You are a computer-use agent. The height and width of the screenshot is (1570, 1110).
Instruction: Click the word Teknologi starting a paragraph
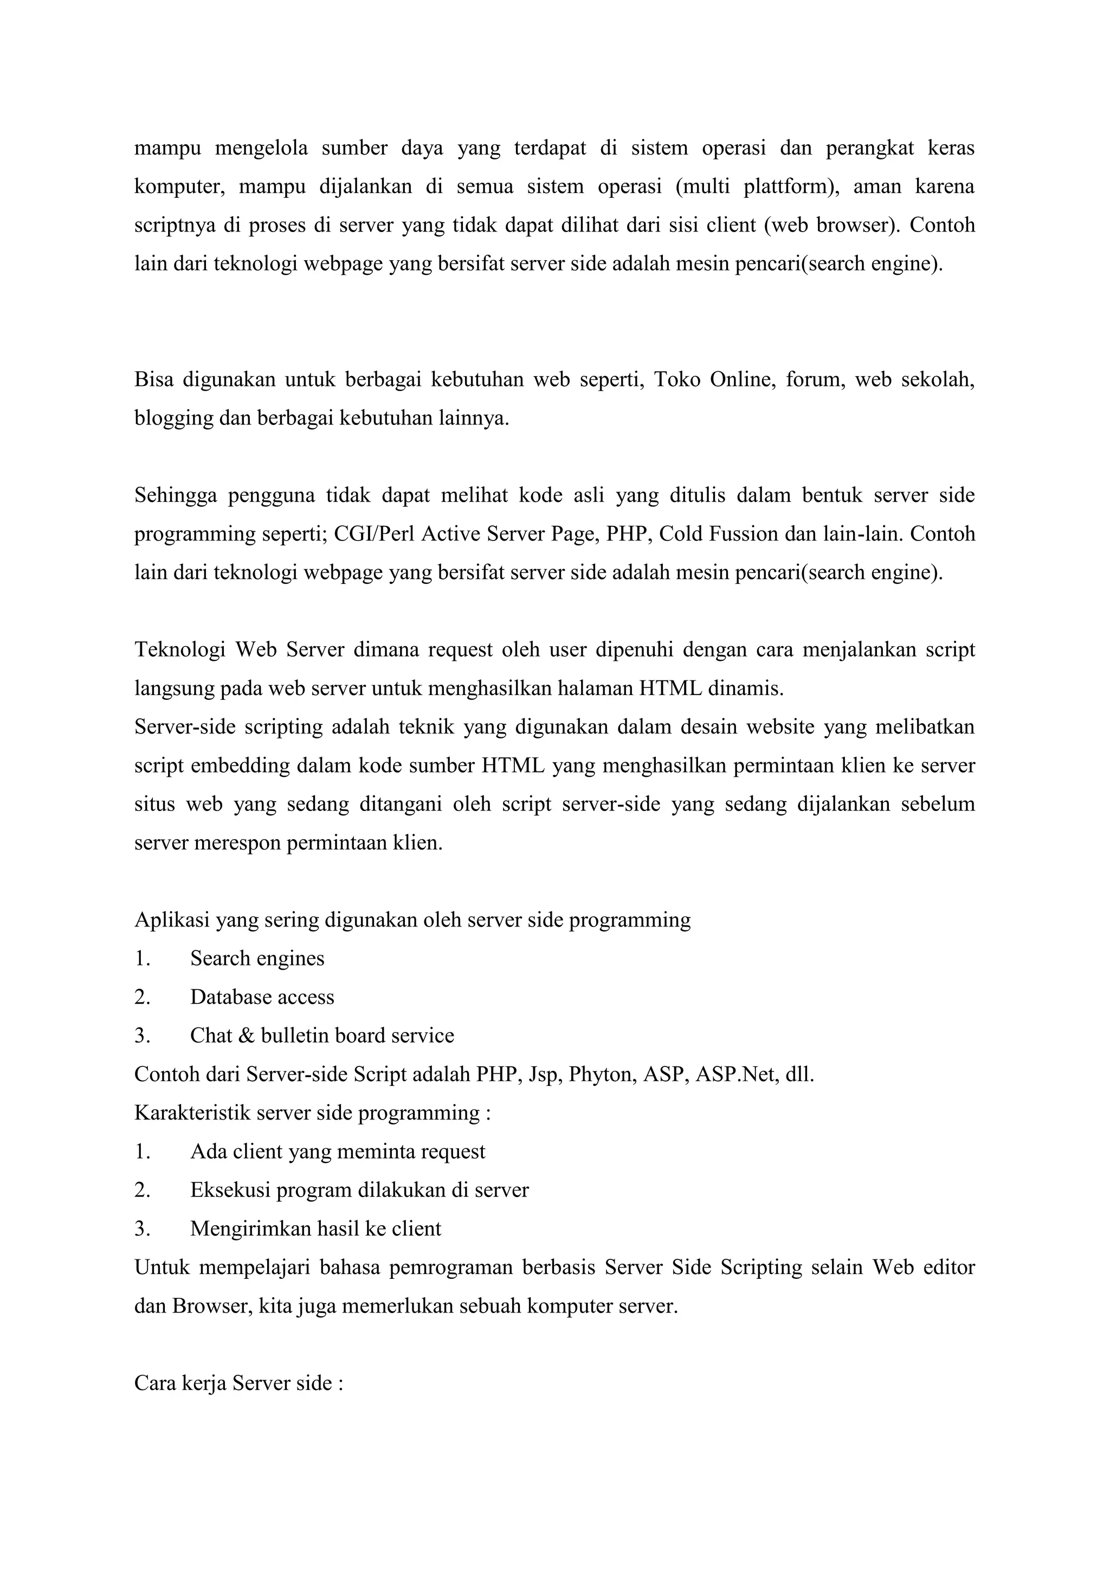[x=180, y=649]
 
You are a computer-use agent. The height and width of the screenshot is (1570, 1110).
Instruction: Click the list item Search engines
[x=257, y=958]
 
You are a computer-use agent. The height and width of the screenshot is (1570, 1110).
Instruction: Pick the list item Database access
[x=262, y=998]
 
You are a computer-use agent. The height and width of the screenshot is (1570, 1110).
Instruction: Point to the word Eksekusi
[x=225, y=1191]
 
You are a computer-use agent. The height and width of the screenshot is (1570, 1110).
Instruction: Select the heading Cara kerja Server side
[x=238, y=1384]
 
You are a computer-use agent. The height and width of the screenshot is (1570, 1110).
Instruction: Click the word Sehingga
[x=175, y=496]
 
